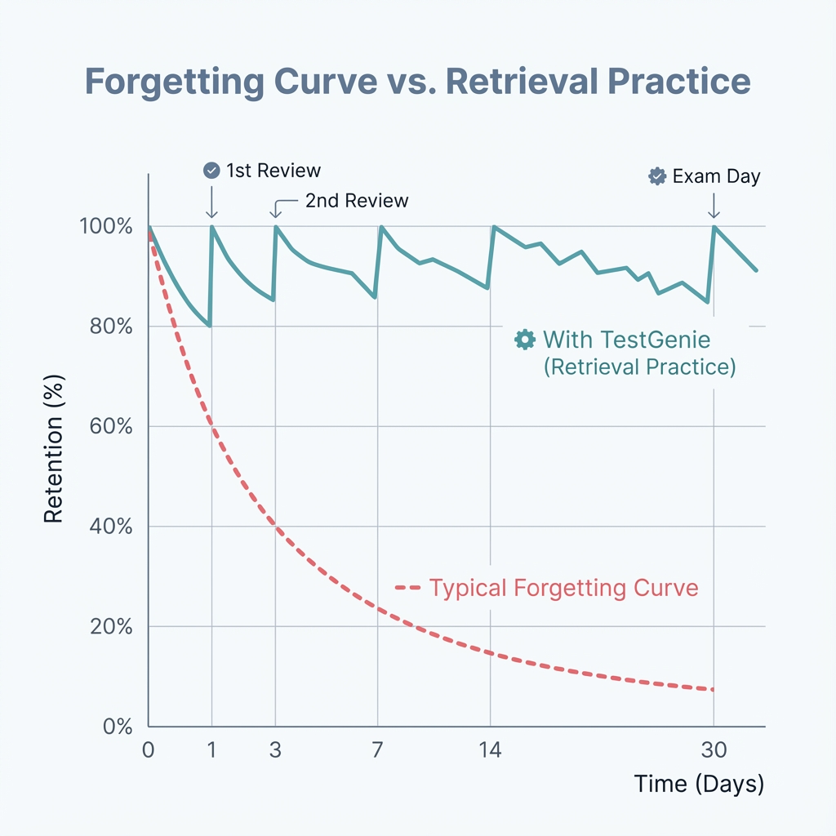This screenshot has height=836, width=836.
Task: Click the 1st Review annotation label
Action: [x=273, y=171]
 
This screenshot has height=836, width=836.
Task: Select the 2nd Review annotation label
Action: [x=357, y=201]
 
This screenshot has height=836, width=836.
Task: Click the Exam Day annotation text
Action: [x=716, y=176]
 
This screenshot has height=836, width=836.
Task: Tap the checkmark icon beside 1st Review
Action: [x=211, y=170]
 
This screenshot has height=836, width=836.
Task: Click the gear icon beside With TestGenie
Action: [x=524, y=340]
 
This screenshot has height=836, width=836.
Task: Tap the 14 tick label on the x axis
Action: [x=490, y=749]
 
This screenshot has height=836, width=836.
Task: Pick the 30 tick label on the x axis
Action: [x=714, y=749]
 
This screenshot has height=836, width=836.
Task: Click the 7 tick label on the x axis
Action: [x=377, y=749]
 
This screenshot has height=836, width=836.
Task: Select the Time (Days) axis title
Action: [x=699, y=785]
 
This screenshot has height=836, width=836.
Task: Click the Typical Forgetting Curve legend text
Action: [x=563, y=588]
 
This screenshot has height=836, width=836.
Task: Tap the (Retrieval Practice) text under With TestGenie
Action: [x=639, y=367]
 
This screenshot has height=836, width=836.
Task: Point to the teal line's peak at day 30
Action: [x=714, y=227]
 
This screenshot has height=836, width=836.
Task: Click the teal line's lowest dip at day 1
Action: [x=210, y=326]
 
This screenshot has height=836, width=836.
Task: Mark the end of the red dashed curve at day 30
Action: [x=713, y=690]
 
